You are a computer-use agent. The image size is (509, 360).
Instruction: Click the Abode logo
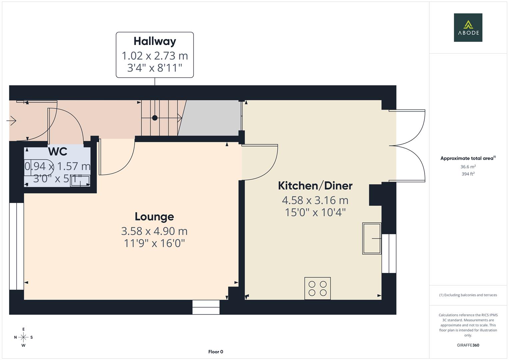pyautogui.click(x=468, y=28)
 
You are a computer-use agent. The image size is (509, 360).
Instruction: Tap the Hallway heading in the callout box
pyautogui.click(x=155, y=41)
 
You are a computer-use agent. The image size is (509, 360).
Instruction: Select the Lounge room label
pyautogui.click(x=154, y=217)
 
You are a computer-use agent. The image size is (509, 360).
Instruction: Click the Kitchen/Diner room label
pyautogui.click(x=315, y=186)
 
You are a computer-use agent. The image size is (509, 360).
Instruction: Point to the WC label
pyautogui.click(x=58, y=152)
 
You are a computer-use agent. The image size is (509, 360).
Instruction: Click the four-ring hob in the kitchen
pyautogui.click(x=317, y=288)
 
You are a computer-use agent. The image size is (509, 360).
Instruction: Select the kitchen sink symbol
pyautogui.click(x=372, y=239)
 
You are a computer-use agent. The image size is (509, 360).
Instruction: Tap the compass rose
pyautogui.click(x=23, y=337)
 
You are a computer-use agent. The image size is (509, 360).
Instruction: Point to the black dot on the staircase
pyautogui.click(x=155, y=118)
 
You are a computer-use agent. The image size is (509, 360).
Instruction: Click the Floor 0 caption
pyautogui.click(x=216, y=352)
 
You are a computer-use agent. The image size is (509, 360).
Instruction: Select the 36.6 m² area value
pyautogui.click(x=468, y=167)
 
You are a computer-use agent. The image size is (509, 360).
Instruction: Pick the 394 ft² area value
pyautogui.click(x=468, y=174)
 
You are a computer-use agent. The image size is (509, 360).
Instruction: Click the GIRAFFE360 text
pyautogui.click(x=468, y=345)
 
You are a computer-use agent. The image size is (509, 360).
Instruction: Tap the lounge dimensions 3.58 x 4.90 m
pyautogui.click(x=154, y=231)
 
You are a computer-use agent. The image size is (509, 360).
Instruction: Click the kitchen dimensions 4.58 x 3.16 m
pyautogui.click(x=315, y=200)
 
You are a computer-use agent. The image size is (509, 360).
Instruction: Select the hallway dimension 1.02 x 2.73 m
pyautogui.click(x=155, y=56)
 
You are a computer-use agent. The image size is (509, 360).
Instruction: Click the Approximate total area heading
pyautogui.click(x=468, y=158)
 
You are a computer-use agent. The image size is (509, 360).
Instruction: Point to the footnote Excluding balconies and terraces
pyautogui.click(x=468, y=295)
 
